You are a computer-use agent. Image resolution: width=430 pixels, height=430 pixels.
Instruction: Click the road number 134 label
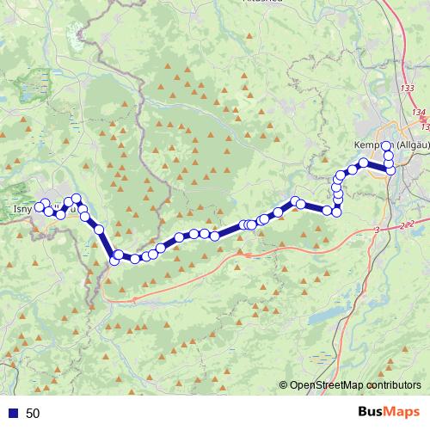pos(418,113)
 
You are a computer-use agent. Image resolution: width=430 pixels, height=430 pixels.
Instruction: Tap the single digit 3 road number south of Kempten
pos(377,230)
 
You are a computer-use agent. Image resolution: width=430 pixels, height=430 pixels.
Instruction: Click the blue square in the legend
pos(14,414)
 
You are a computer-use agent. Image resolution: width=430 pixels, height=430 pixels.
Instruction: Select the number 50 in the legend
pos(33,414)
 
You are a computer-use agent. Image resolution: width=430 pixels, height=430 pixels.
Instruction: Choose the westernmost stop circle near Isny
pos(37,206)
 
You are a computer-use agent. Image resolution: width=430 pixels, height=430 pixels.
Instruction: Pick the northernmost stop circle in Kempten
pos(387,145)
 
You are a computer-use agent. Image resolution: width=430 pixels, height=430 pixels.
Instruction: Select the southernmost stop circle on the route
pos(114,261)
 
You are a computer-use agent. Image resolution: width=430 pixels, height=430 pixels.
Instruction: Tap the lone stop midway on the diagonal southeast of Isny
pos(99,229)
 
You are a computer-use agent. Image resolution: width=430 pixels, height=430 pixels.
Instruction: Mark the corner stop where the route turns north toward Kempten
pos(337,211)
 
